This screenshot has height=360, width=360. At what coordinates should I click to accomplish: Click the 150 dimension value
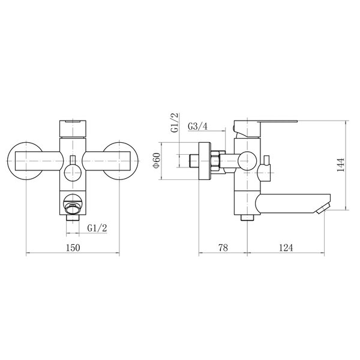coord(73,248)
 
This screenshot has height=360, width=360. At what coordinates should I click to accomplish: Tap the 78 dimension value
coord(223,248)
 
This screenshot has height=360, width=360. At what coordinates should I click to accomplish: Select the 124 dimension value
coord(286,248)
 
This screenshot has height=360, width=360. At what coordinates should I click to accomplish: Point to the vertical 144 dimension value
coord(340,165)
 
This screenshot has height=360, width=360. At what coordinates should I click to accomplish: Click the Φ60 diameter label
coord(157,160)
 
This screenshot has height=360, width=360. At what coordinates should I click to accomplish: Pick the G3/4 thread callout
coord(197,126)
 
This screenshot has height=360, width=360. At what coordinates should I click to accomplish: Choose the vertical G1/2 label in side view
coord(175,123)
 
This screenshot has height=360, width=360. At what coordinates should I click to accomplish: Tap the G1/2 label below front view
coord(97,228)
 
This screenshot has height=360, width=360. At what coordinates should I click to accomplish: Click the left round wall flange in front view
coord(9,161)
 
